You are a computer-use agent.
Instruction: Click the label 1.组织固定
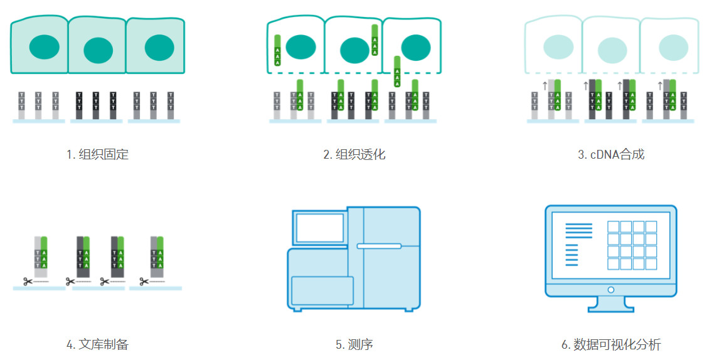98,154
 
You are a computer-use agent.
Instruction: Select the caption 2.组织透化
354,154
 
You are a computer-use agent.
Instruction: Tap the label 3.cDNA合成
611,154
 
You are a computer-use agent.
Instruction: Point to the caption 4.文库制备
98,344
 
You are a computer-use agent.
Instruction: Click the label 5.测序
354,344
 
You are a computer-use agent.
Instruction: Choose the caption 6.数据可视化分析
611,344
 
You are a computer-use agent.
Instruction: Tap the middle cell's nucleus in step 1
98,50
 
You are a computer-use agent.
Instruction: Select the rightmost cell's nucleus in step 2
414,47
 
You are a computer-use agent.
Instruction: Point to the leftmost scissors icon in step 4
28,282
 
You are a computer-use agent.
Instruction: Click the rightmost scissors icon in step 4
144,282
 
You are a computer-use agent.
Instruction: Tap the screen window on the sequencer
319,228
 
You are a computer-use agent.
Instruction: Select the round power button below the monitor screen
610,290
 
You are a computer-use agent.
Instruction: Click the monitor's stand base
610,308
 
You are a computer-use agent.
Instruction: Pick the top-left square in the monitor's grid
612,226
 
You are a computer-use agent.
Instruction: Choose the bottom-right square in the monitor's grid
651,264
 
